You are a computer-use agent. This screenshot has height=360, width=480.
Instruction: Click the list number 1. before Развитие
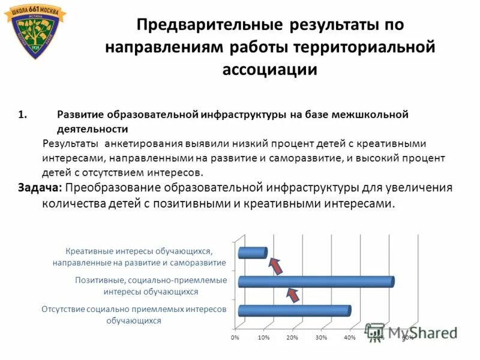(23, 115)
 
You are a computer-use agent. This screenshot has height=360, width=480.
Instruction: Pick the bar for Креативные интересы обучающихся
(252, 253)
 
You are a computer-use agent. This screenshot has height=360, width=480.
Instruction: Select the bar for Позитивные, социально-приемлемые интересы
(316, 281)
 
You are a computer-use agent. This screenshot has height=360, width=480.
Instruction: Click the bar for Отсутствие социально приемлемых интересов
(294, 310)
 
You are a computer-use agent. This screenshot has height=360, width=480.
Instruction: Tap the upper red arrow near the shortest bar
(274, 265)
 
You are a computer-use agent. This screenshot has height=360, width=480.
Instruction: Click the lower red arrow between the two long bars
(292, 294)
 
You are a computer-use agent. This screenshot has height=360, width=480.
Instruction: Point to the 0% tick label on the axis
(235, 338)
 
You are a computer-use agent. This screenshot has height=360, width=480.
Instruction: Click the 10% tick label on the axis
(263, 338)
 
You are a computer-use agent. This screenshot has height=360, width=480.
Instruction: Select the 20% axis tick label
(292, 338)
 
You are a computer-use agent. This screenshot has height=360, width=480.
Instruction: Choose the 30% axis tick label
(321, 338)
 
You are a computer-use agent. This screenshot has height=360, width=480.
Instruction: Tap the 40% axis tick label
(350, 338)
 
